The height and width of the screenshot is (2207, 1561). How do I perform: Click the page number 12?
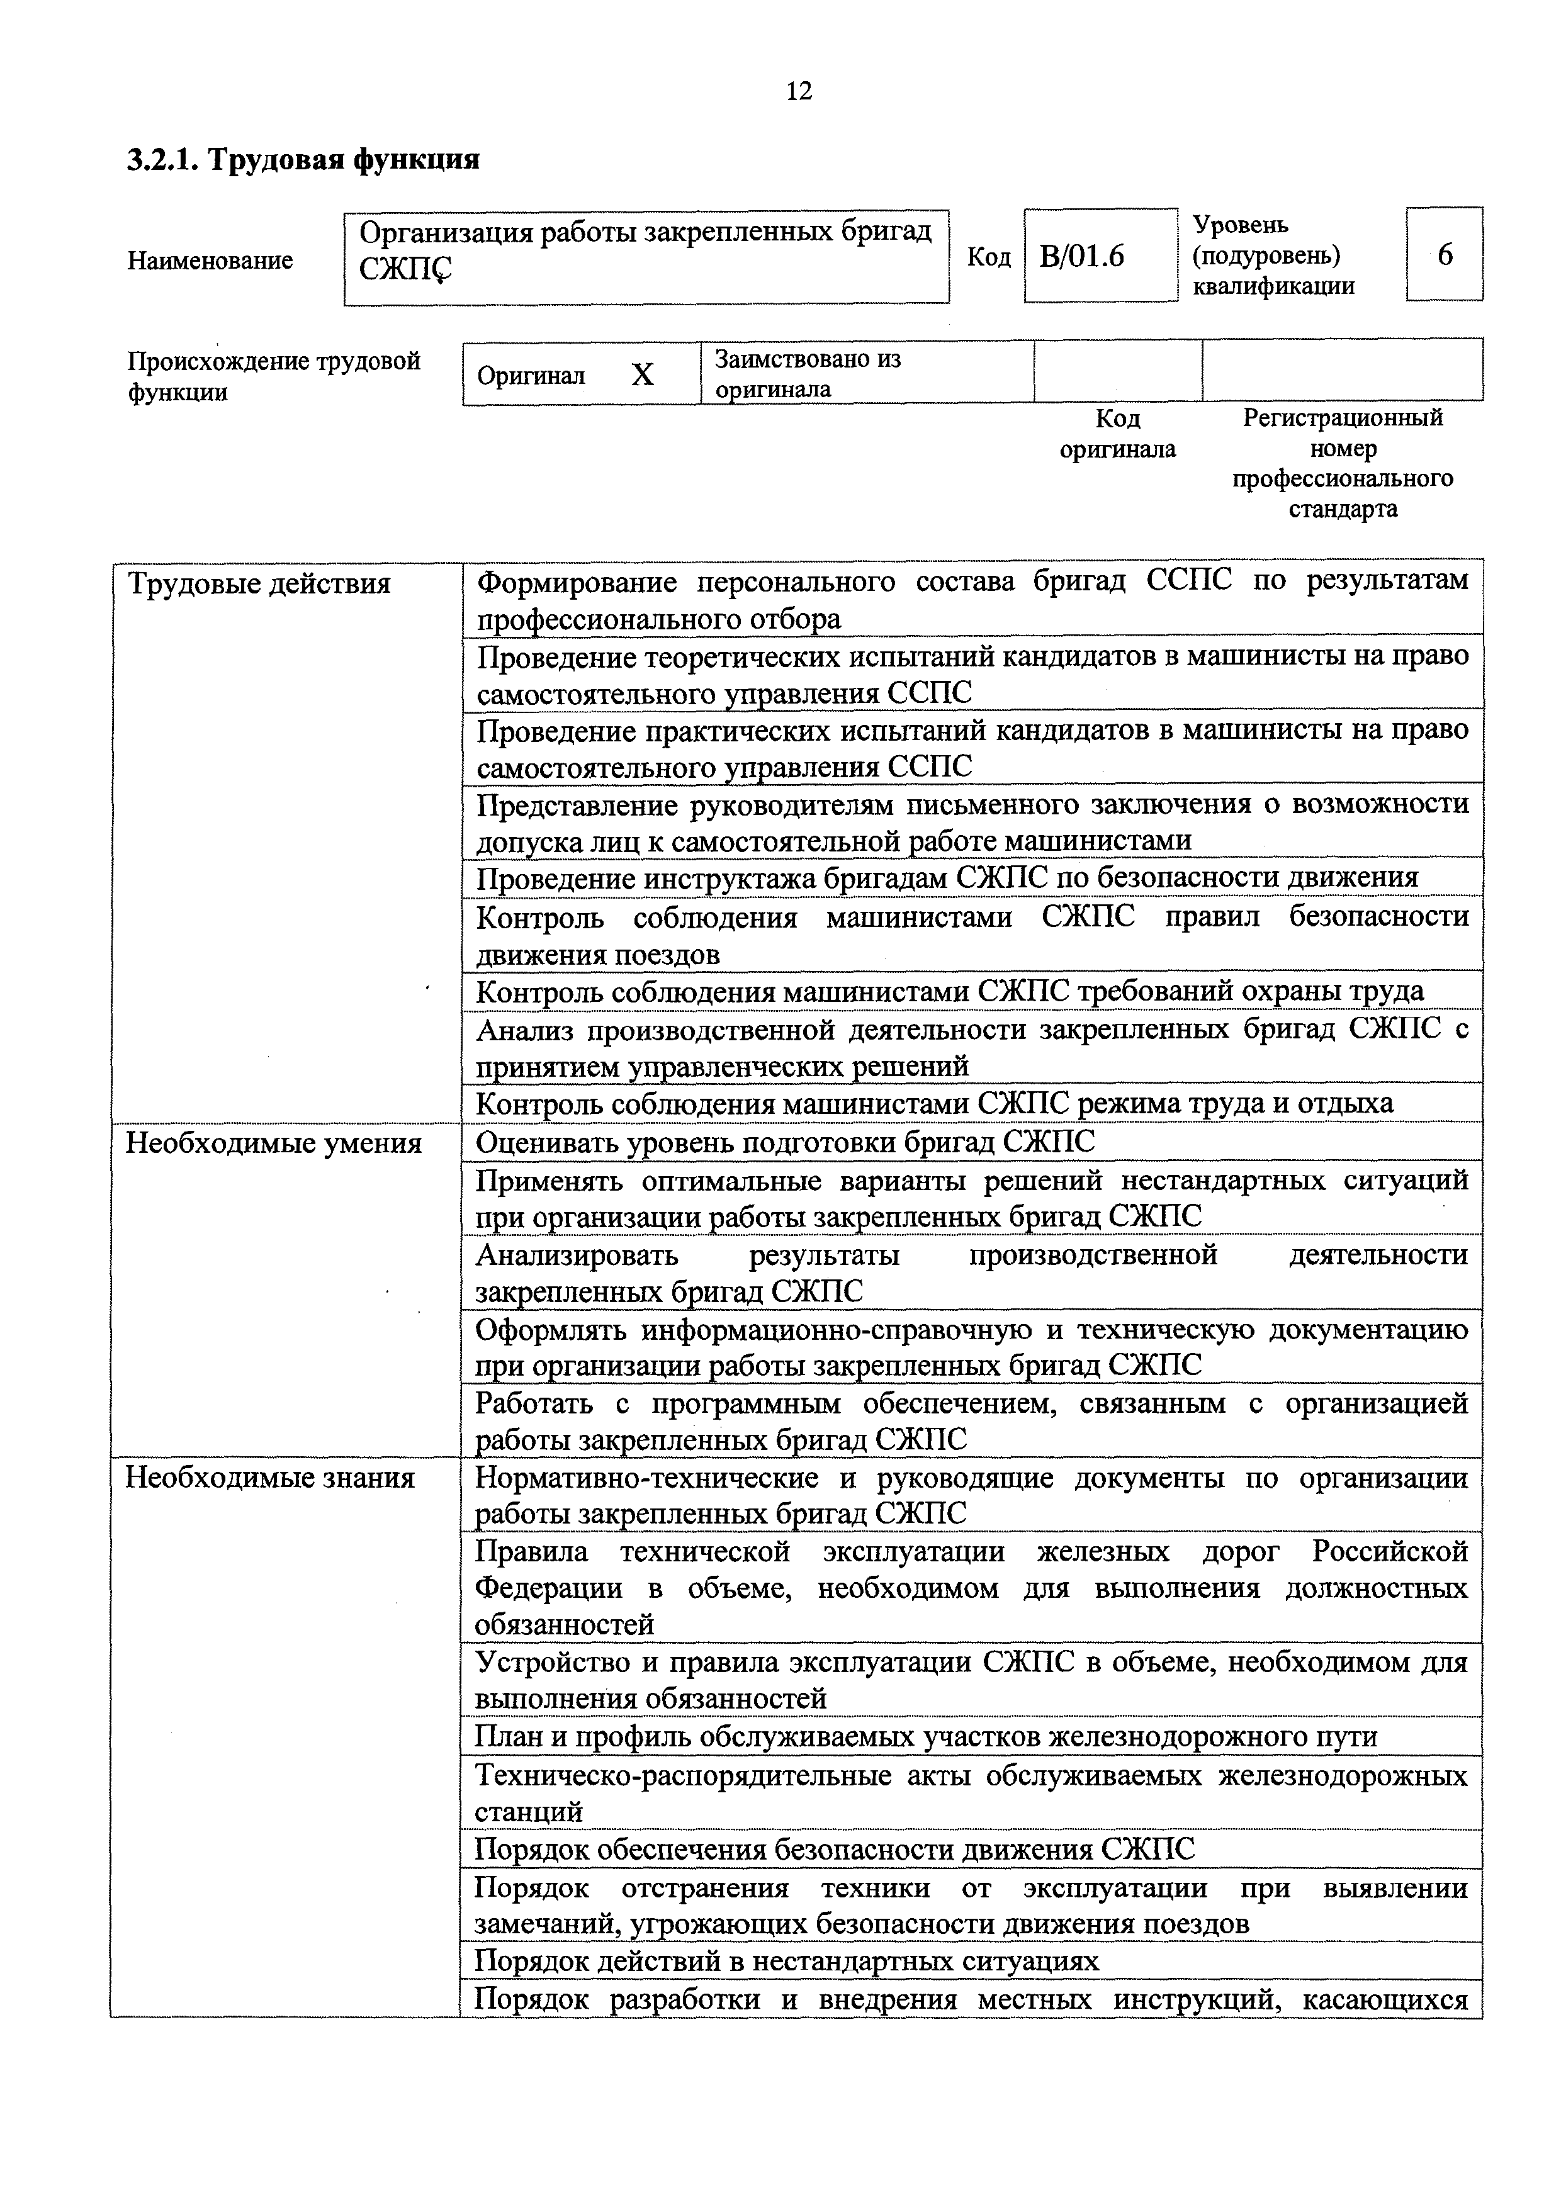tap(799, 91)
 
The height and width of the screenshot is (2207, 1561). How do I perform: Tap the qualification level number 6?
tap(1445, 255)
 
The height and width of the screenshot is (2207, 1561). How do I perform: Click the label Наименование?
tap(210, 261)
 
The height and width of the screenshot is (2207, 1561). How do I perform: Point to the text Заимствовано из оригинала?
tap(808, 374)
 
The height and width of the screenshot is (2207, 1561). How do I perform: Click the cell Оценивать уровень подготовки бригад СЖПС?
tap(786, 1142)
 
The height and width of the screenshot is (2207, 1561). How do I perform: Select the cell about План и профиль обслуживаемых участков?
tap(927, 1737)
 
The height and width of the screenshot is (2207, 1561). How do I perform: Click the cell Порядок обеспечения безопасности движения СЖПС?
tap(835, 1850)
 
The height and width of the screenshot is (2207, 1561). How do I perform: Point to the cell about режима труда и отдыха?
tap(934, 1104)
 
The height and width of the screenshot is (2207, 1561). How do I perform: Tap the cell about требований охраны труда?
tap(950, 991)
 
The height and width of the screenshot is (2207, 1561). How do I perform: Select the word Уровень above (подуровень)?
tap(1240, 225)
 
